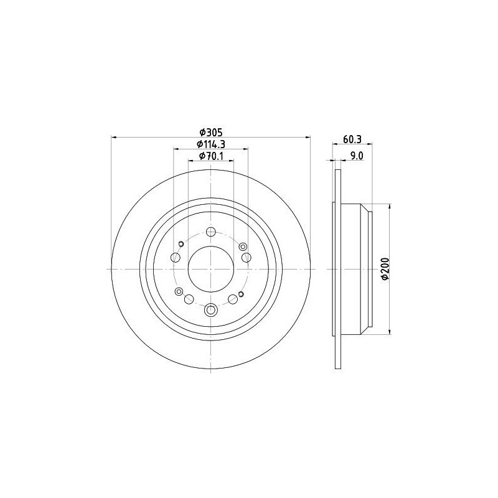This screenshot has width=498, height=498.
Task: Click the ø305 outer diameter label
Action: pos(211,132)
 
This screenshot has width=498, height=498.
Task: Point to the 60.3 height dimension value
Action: pos(353,139)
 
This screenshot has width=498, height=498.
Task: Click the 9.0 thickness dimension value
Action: pos(357,156)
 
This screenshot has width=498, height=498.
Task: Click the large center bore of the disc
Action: pos(211,269)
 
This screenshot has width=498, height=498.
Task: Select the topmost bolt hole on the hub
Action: pos(211,233)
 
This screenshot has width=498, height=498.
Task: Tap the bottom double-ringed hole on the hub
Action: pos(211,309)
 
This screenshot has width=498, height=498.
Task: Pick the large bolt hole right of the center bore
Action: pos(247,258)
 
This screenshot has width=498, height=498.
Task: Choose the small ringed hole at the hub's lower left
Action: pos(179,291)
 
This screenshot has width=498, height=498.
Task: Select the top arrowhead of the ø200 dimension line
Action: pos(390,206)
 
